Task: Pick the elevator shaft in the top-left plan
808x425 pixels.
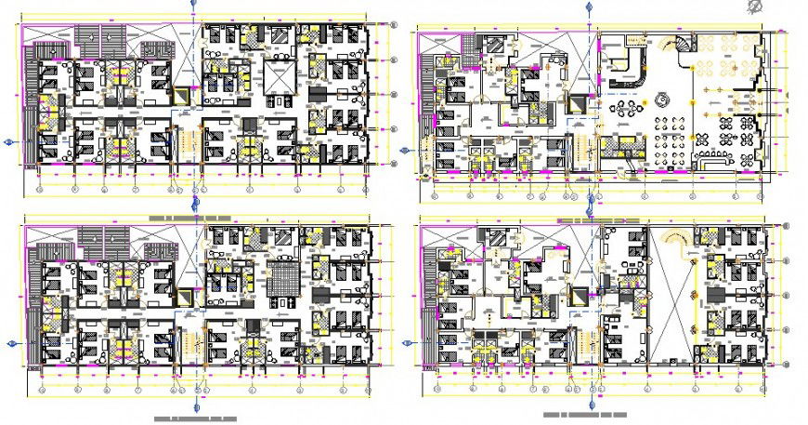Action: coord(183,96)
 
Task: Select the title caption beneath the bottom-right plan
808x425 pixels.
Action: coord(585,415)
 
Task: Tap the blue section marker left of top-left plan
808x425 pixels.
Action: coord(9,141)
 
